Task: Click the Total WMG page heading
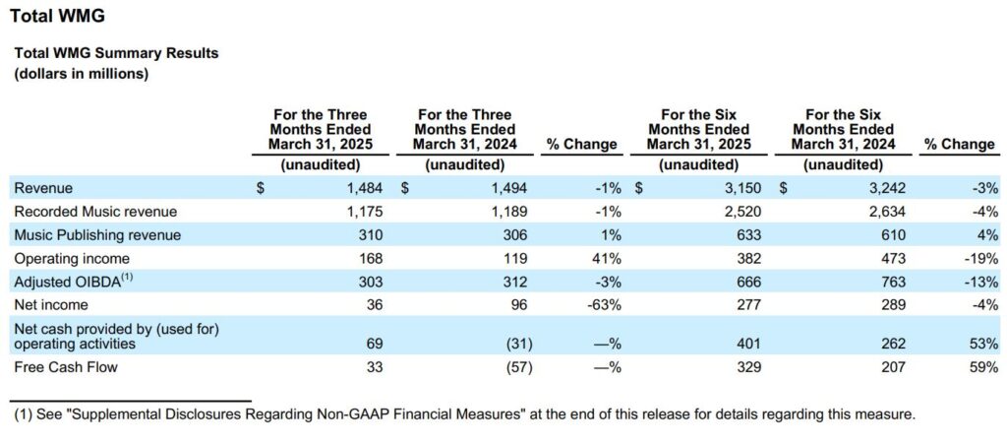(57, 17)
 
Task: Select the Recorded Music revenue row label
(95, 212)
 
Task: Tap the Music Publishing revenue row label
(97, 235)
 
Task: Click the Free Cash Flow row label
(66, 367)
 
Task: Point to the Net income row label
(51, 305)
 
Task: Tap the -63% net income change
(605, 305)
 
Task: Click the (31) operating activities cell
(519, 345)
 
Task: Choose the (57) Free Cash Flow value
(519, 367)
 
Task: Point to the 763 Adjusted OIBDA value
(894, 283)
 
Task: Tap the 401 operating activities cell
(749, 345)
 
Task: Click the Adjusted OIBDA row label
(71, 282)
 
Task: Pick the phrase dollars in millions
(82, 74)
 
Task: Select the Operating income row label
(72, 259)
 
